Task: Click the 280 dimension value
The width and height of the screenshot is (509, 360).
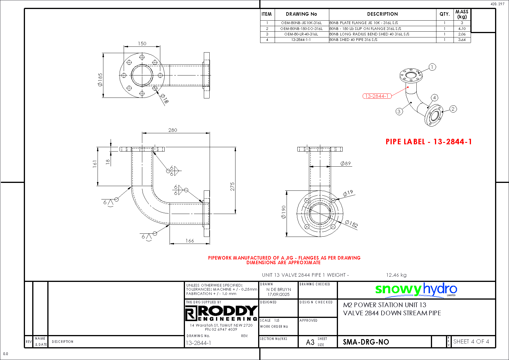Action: [x=172, y=130]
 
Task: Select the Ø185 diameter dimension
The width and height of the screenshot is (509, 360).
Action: [x=100, y=80]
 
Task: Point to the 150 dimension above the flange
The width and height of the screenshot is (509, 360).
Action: [x=142, y=44]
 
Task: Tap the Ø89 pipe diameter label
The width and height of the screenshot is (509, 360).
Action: [x=346, y=163]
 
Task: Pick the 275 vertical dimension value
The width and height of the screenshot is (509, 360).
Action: [x=232, y=186]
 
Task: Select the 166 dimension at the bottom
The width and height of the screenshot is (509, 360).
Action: [x=190, y=241]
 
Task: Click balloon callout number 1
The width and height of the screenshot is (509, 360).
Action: [x=432, y=67]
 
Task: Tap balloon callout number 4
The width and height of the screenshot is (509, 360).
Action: [x=434, y=98]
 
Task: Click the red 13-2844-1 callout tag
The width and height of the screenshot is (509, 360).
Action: [x=377, y=96]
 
